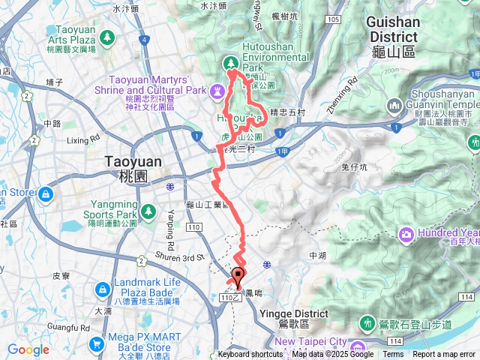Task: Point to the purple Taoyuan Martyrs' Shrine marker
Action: pos(217,91)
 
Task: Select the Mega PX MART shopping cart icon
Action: pos(96,344)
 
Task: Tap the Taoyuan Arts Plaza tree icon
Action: pos(107,36)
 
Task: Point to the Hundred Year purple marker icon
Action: pos(406,235)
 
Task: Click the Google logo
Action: pos(28,349)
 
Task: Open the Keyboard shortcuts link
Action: pos(250,355)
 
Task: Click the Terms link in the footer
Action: pos(393,355)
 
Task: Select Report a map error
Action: pos(444,355)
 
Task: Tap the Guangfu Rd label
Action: pos(73,326)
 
